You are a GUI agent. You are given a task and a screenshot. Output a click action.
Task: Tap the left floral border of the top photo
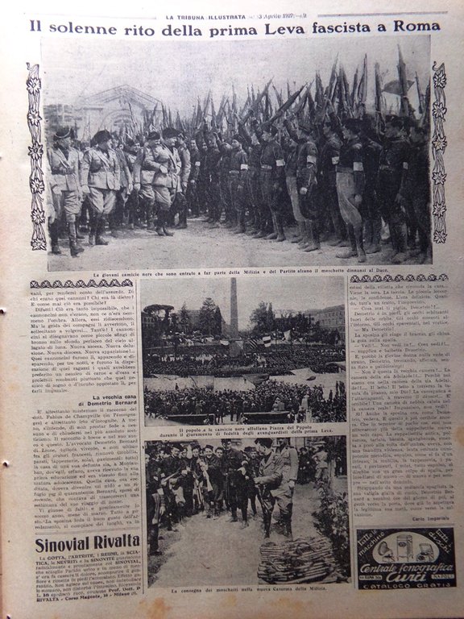click(x=36, y=157)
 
